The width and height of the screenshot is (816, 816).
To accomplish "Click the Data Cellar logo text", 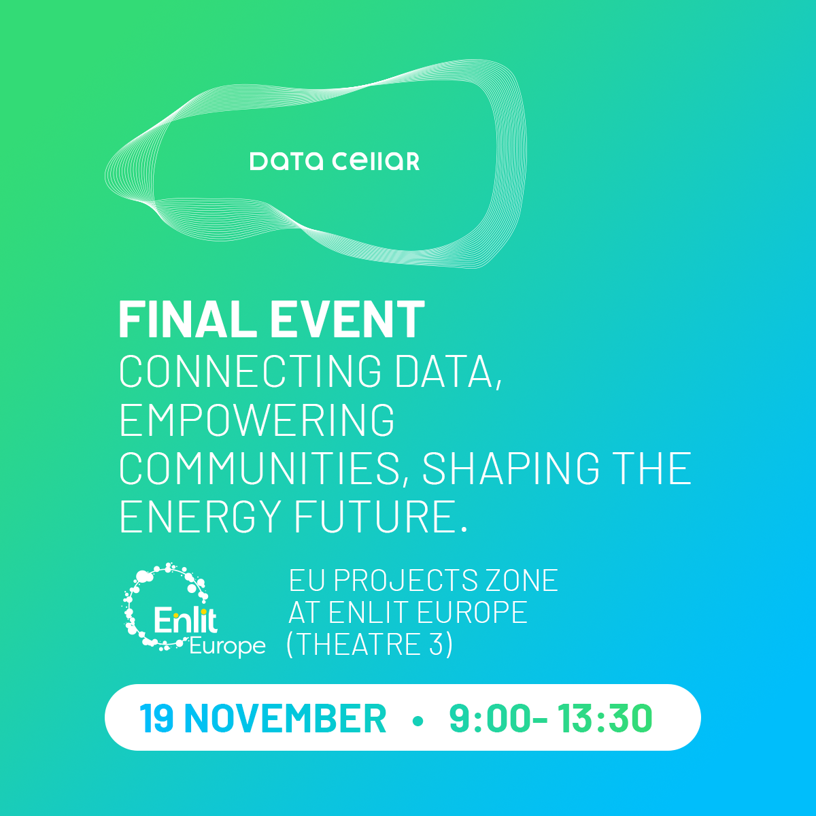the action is (335, 161).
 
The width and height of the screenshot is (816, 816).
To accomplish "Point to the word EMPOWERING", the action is (257, 420).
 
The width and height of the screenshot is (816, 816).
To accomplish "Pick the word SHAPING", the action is (511, 468).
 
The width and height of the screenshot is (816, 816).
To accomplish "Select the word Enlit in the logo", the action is (186, 620).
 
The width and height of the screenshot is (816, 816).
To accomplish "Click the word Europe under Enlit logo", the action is (227, 646).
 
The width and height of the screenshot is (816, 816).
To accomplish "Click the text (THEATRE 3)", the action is (370, 645).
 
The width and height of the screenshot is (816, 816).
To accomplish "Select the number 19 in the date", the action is (156, 718).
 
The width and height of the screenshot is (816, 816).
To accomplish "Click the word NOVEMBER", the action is (286, 718).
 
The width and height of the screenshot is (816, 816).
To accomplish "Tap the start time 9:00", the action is (490, 718).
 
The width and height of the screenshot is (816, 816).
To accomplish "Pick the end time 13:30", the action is (605, 718).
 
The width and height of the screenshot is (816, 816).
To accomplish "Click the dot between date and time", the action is (418, 721).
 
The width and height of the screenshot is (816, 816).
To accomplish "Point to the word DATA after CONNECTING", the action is (448, 372).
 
